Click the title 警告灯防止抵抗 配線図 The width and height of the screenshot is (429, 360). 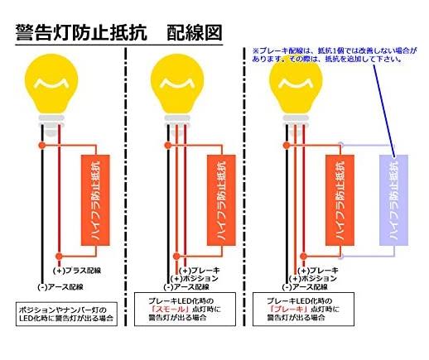(x=118, y=32)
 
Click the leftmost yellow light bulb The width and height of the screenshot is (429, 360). (x=51, y=84)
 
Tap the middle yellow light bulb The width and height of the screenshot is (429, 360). (x=177, y=84)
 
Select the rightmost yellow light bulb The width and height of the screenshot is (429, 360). (x=296, y=85)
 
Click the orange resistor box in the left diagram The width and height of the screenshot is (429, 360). (x=95, y=200)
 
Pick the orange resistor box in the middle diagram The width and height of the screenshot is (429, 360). (x=221, y=200)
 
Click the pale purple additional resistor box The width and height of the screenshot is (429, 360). (x=393, y=200)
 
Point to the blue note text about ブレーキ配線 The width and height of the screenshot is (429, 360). (x=335, y=55)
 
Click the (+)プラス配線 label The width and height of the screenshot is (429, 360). (x=77, y=271)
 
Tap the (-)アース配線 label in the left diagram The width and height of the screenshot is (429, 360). (x=60, y=287)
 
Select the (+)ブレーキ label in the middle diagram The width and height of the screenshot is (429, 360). (x=200, y=271)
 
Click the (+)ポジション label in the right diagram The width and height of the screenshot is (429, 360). (x=313, y=279)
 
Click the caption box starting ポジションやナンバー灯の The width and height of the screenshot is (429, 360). (x=66, y=314)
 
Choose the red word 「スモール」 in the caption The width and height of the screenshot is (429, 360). (x=171, y=309)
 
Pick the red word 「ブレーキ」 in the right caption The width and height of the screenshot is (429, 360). (x=289, y=309)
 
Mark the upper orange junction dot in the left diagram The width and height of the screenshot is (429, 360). (x=42, y=145)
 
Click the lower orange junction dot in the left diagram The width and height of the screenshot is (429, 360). (x=59, y=257)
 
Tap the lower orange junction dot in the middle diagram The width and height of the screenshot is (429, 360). (x=176, y=257)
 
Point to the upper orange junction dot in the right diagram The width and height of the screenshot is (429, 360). (x=287, y=145)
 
